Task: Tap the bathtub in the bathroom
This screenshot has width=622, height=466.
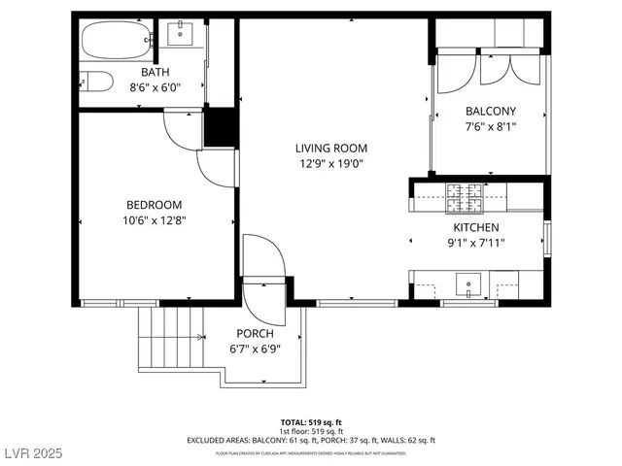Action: tap(114, 41)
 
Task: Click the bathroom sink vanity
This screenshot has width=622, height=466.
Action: tap(182, 36)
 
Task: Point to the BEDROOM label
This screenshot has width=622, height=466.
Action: tap(155, 205)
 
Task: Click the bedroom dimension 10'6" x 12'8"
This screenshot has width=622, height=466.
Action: tap(155, 220)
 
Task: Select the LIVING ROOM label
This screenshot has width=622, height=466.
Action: tap(332, 149)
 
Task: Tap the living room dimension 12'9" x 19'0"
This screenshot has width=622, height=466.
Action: tap(332, 164)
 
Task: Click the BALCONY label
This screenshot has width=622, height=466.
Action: tap(490, 111)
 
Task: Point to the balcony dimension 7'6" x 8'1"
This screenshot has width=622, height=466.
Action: tap(490, 126)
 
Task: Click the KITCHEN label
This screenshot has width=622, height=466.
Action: tap(476, 227)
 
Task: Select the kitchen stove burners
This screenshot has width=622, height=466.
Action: tap(466, 198)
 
